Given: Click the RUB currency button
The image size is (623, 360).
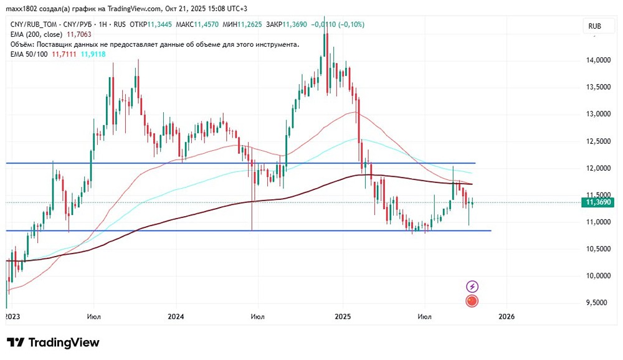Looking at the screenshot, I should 594,26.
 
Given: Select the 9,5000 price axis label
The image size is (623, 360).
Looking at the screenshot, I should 599,303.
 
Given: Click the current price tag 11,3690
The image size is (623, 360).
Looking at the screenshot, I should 599,202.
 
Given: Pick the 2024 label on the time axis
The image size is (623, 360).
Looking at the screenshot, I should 176,316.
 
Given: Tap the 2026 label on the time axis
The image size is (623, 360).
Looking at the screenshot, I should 506,316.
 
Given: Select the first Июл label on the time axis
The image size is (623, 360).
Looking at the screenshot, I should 95,316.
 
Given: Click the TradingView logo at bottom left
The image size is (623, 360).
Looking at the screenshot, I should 53,343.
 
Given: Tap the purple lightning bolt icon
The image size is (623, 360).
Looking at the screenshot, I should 472,287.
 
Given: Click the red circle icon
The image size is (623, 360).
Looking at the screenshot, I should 472,301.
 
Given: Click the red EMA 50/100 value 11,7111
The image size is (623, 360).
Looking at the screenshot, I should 63,55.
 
